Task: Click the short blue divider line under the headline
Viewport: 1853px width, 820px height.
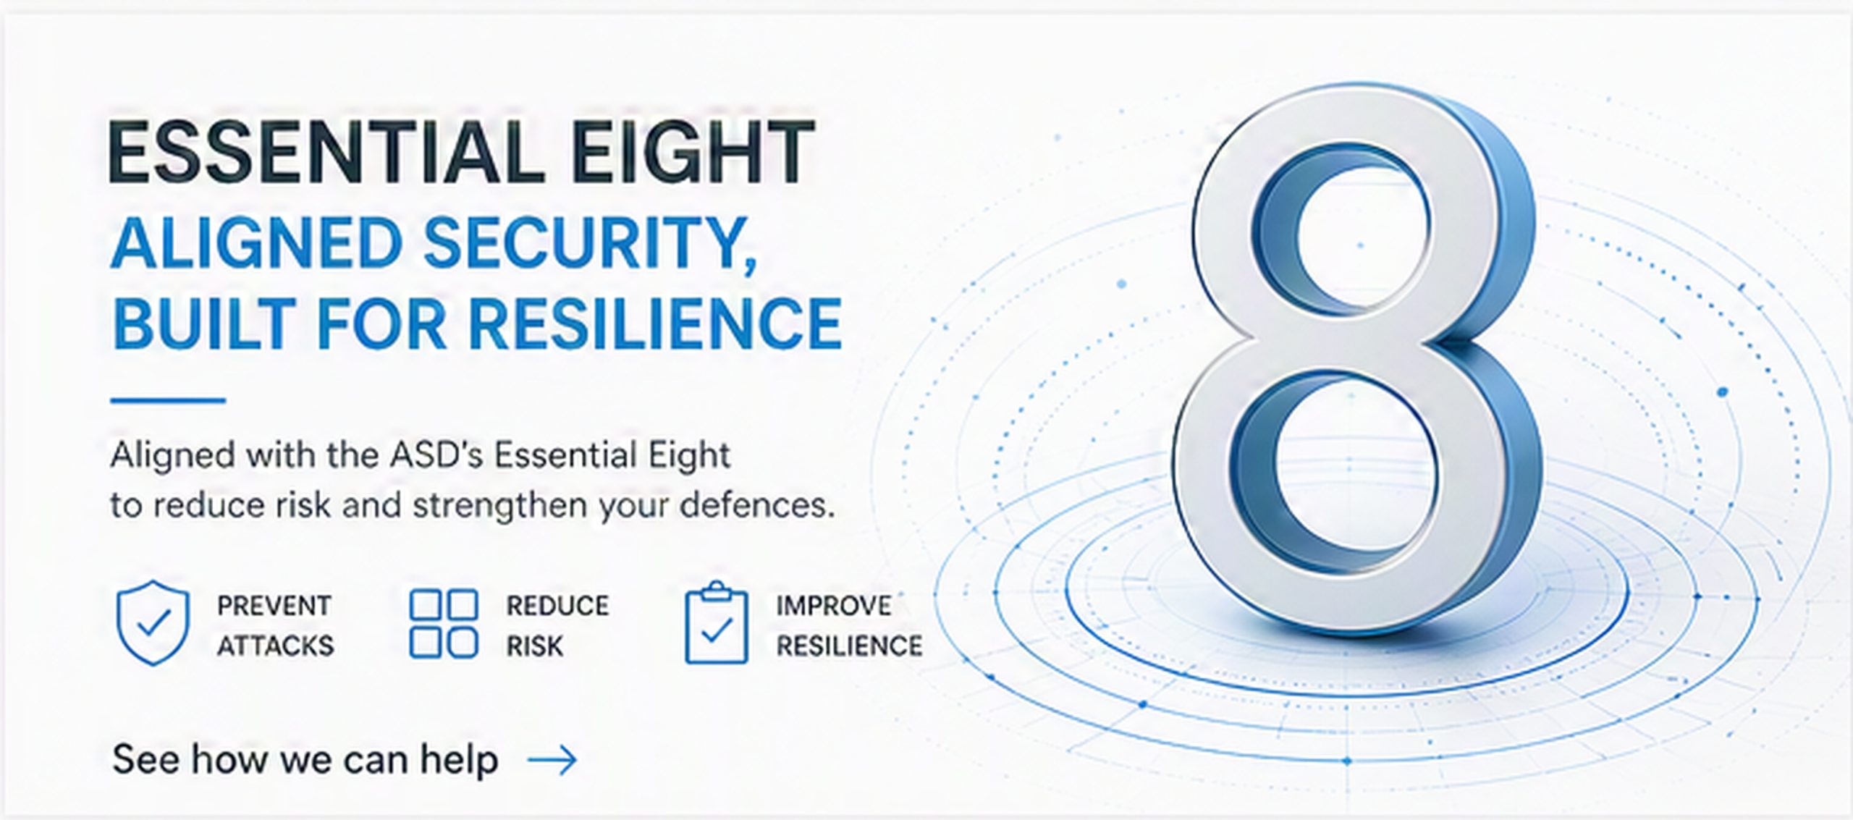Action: [168, 400]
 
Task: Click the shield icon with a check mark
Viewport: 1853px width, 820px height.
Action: [153, 623]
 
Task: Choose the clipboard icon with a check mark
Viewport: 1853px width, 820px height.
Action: [717, 622]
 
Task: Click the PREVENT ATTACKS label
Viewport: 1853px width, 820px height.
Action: [275, 625]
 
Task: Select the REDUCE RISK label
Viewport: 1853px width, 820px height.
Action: [557, 625]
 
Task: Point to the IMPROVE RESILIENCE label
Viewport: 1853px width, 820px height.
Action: [849, 625]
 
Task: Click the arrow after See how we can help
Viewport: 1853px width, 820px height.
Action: [552, 760]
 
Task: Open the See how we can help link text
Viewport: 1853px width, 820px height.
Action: [305, 760]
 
